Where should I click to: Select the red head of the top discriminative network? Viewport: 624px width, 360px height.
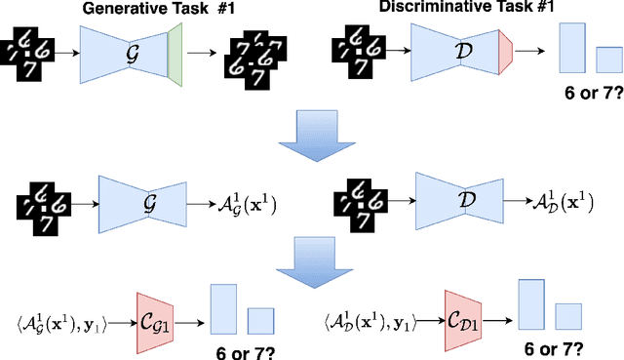[506, 52]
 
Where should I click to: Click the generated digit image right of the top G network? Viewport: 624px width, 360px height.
[251, 54]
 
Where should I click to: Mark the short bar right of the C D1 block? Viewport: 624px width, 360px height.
[568, 317]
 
